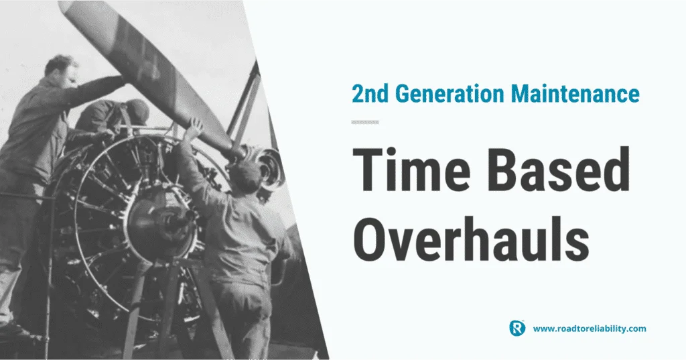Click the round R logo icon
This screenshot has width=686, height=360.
[517, 328]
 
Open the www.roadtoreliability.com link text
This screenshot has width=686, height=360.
[590, 328]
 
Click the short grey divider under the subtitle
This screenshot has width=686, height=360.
[365, 122]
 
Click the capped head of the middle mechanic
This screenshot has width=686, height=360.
[135, 112]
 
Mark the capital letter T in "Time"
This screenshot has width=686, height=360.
[366, 170]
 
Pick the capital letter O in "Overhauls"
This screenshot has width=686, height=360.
[368, 238]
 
